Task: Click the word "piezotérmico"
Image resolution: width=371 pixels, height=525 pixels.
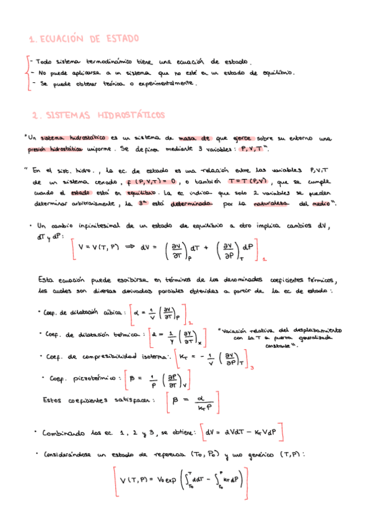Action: pos(90,378)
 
